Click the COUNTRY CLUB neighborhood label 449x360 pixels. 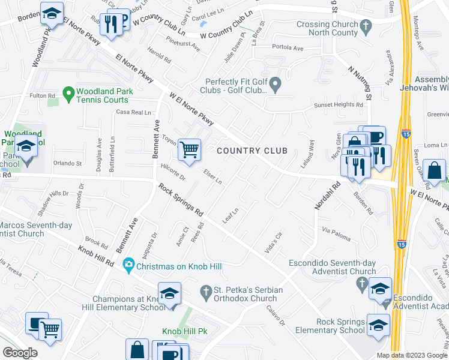(x=252, y=151)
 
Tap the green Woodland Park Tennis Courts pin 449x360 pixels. (x=68, y=94)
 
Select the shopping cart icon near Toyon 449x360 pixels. (x=190, y=149)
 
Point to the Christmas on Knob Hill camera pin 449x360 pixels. (x=128, y=265)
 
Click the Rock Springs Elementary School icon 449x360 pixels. (x=378, y=325)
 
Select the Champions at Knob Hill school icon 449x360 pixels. (x=170, y=293)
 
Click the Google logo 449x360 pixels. (x=20, y=353)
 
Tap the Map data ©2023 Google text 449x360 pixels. (x=412, y=355)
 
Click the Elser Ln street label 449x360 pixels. (x=212, y=176)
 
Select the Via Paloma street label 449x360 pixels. (x=336, y=233)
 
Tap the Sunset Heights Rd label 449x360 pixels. (x=339, y=105)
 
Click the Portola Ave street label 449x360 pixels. (x=288, y=47)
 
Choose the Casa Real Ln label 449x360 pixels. (x=133, y=112)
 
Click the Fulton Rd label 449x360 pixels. (x=42, y=95)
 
